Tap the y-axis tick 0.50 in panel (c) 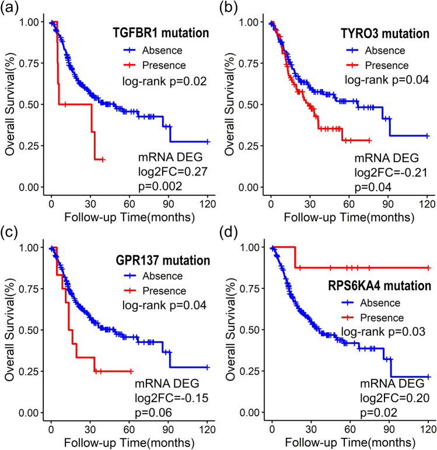click(x=35, y=331)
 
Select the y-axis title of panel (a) click(x=10, y=105)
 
